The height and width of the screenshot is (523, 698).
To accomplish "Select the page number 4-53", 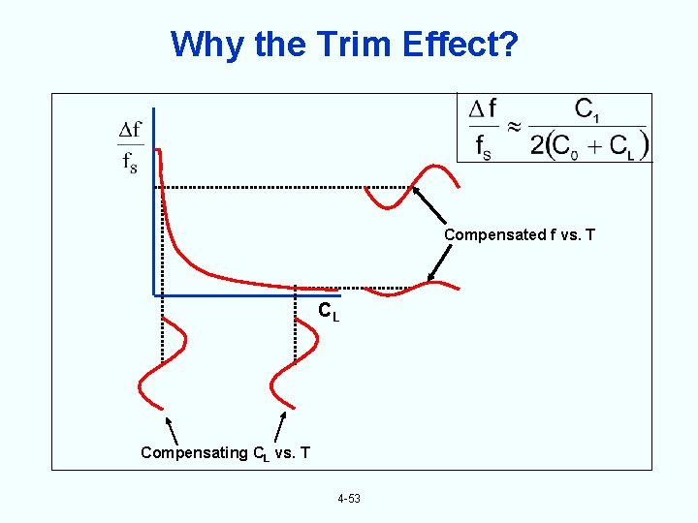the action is click(x=349, y=499).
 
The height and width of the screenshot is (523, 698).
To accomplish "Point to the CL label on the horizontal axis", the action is click(x=329, y=312).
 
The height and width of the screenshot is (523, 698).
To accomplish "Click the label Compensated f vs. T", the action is click(x=518, y=234).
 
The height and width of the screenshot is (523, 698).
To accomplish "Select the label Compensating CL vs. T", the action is click(x=225, y=452).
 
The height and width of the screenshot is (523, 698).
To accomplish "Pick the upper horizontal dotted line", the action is click(x=262, y=187).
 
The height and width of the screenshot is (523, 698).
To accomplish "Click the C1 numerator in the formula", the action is click(x=587, y=109).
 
